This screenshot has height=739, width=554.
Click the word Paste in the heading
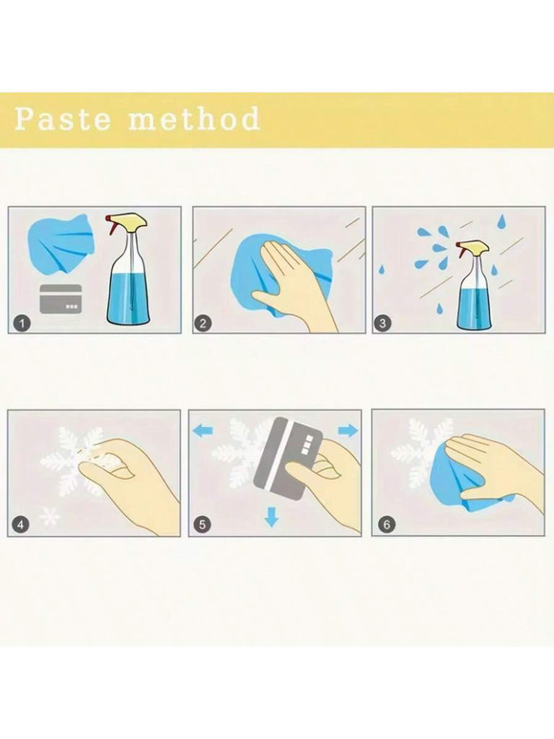(63, 119)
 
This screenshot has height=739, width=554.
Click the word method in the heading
(194, 118)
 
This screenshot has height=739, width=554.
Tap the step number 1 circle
(22, 323)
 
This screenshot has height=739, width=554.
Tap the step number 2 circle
(203, 323)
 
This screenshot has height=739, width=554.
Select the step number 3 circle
(382, 323)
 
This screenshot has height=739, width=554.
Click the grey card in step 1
(61, 299)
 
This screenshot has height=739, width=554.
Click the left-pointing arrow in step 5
(203, 430)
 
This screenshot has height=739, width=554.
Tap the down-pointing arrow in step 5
(271, 516)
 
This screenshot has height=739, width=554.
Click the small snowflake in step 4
(50, 517)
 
